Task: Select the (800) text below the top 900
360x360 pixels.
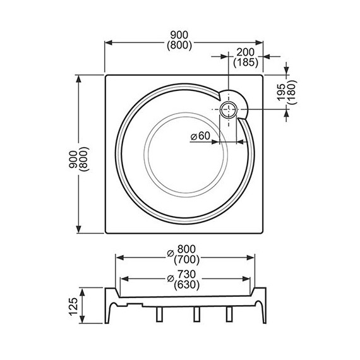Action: pyautogui.click(x=181, y=46)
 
